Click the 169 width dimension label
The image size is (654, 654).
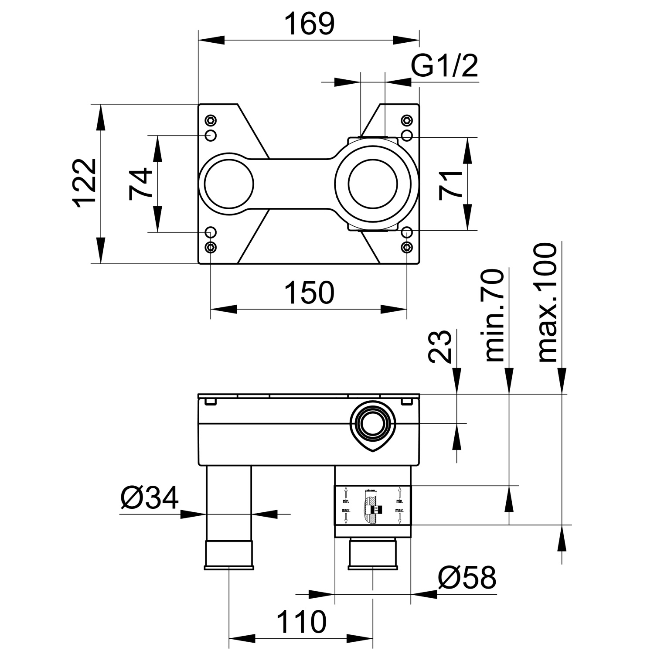click(309, 24)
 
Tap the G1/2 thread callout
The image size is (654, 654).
click(444, 67)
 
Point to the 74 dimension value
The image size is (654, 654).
click(140, 184)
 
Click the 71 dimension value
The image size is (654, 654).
click(451, 185)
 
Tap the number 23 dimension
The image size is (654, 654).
click(439, 347)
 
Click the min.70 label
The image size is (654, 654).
click(494, 315)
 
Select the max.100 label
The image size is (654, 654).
click(547, 303)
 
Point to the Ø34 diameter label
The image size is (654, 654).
click(150, 497)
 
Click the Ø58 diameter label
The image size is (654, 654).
click(467, 578)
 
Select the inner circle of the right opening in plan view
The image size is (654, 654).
click(373, 184)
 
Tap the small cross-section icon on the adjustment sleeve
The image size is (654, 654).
click(372, 509)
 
